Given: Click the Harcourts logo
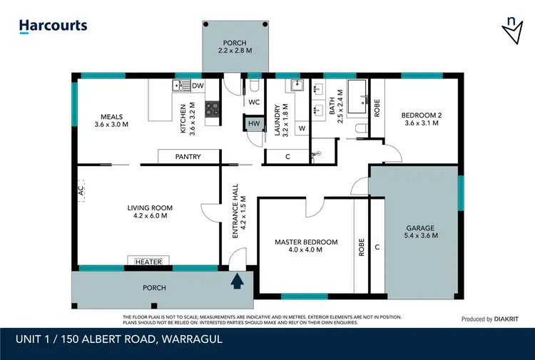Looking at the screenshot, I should click(x=53, y=26).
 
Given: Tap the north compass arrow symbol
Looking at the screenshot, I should click(x=511, y=29).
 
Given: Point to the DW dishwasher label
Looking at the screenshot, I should click(x=198, y=86).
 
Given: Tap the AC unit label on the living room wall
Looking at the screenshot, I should click(x=82, y=191).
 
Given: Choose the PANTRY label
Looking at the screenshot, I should click(x=188, y=157).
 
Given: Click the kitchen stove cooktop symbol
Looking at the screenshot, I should click(x=213, y=109).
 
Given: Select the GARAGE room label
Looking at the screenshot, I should click(x=421, y=230).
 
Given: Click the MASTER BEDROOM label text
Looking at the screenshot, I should click(x=306, y=242).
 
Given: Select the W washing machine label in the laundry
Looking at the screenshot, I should click(x=302, y=129).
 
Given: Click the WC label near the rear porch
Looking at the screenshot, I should click(x=253, y=102).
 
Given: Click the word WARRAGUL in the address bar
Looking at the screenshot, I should click(x=187, y=339).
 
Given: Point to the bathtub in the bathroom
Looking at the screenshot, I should click(x=357, y=90).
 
